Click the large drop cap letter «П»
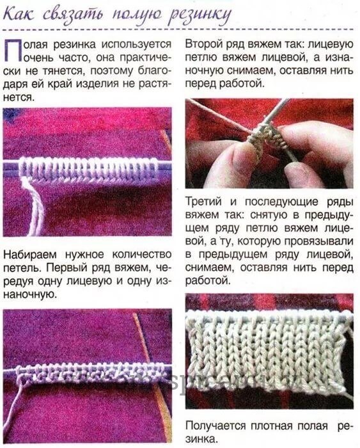point(12,51)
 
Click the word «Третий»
point(204,202)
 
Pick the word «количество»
point(141,254)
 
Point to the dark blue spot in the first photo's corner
point(10,115)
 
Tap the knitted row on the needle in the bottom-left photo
point(89,374)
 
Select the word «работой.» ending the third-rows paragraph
point(208,280)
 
